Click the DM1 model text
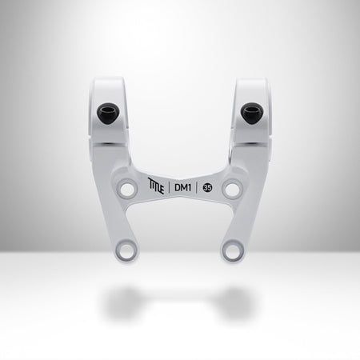coord(183,188)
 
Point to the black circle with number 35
coord(207,189)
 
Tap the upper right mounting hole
coord(231,190)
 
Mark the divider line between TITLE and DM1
coord(171,188)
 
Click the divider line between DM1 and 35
coord(196,188)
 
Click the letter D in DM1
coord(178,188)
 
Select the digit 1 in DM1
coord(190,188)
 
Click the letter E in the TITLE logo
coord(164,190)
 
